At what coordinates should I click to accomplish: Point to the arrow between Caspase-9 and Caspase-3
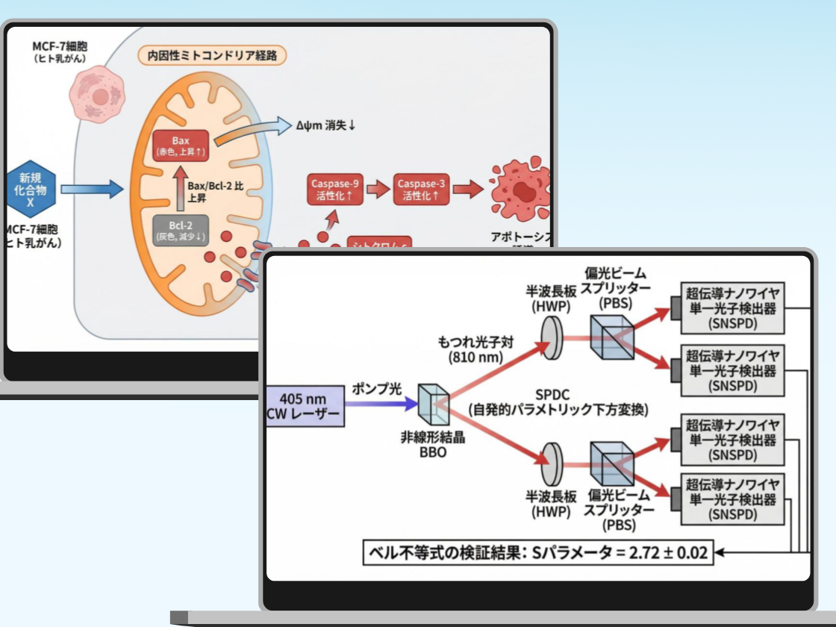click(378, 190)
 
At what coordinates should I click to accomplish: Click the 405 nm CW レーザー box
click(305, 405)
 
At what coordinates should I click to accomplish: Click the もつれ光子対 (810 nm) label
click(470, 349)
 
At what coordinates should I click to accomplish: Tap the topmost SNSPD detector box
click(732, 308)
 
